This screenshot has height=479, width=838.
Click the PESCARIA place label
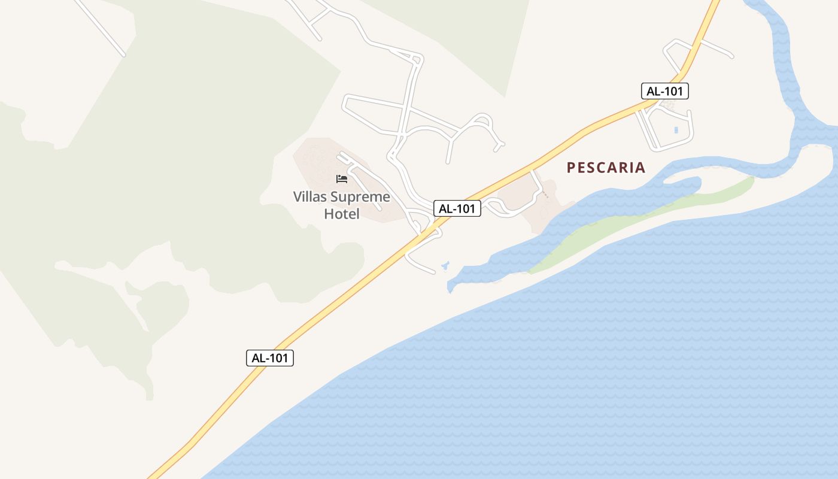pos(606,168)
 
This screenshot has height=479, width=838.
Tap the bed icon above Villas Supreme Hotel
pos(342,178)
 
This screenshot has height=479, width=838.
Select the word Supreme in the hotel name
pos(362,197)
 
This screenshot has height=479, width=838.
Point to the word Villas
pos(311,197)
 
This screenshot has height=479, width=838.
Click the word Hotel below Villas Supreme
pos(342,214)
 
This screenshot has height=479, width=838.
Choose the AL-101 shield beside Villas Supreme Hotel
pos(457,208)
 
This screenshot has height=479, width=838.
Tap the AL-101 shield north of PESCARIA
pos(665,91)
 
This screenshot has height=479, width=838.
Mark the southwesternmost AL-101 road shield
pos(270,358)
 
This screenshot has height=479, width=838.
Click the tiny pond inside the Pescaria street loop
pos(676,129)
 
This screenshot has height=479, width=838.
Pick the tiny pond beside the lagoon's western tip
pos(445,265)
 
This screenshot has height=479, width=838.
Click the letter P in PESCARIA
pos(571,168)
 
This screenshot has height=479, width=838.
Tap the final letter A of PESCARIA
pos(640,168)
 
